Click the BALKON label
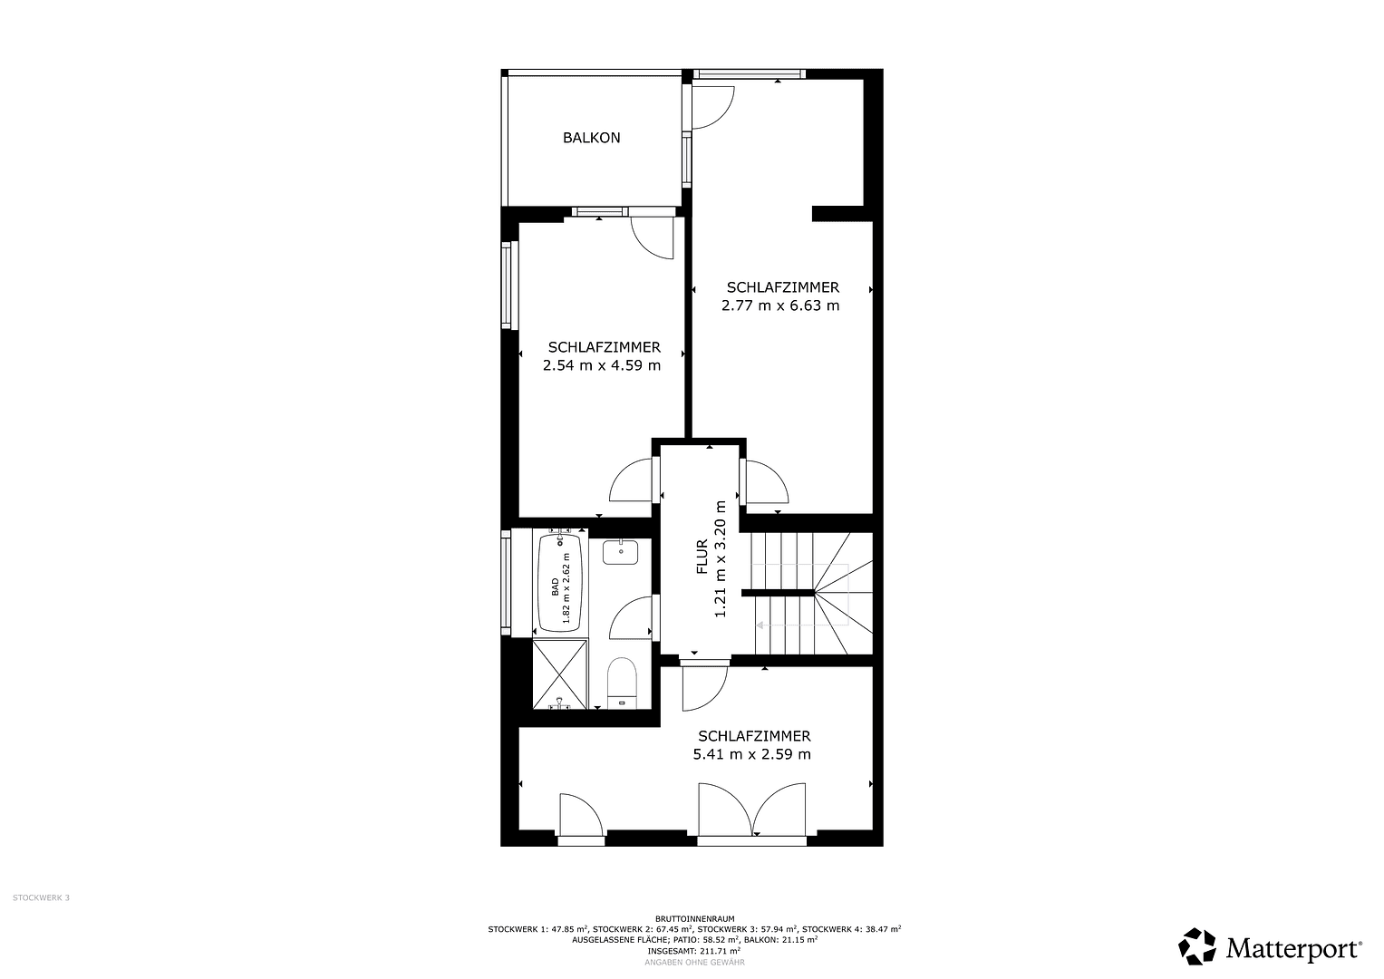[x=591, y=139]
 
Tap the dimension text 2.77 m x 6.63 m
[x=780, y=305]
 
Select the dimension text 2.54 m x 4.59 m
[x=602, y=366]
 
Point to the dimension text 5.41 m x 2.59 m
[x=751, y=754]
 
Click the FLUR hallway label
[x=702, y=557]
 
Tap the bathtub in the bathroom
[x=560, y=581]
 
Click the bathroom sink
[x=620, y=551]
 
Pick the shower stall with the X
[x=560, y=674]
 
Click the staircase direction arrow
[x=763, y=625]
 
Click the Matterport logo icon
[x=1197, y=947]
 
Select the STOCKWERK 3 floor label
[x=41, y=898]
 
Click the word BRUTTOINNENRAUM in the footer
[x=694, y=918]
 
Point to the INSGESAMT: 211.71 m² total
[x=694, y=951]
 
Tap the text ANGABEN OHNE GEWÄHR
[x=694, y=962]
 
